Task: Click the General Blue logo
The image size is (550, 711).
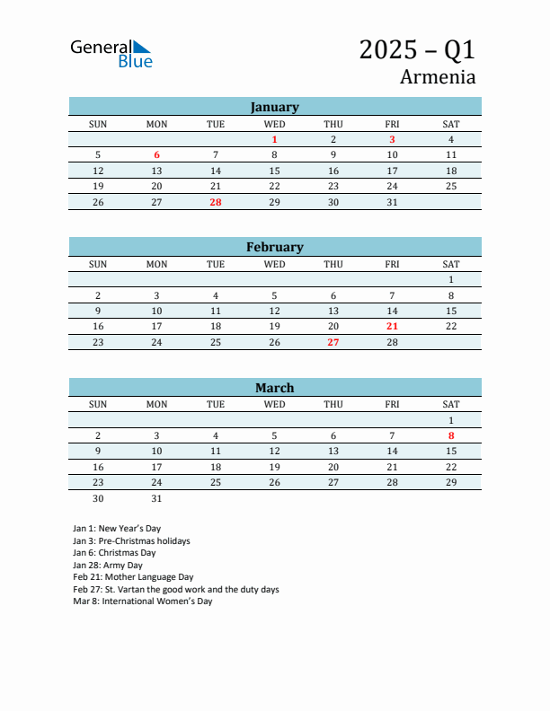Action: (x=111, y=54)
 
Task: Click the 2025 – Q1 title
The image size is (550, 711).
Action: (x=417, y=49)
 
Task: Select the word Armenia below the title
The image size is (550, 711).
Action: (x=438, y=76)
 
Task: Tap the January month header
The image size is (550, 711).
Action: (x=274, y=107)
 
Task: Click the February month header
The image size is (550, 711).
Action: (x=274, y=247)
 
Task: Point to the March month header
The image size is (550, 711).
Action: (x=274, y=388)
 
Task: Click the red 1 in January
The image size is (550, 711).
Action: (x=274, y=139)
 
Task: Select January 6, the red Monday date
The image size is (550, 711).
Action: (x=156, y=154)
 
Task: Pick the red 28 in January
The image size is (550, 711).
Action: (x=216, y=202)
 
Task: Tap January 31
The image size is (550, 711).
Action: (x=392, y=202)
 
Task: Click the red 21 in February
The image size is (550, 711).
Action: (x=392, y=327)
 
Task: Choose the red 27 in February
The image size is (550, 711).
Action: (x=333, y=342)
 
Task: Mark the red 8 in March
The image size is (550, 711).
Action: (x=451, y=435)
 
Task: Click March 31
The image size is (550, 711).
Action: (x=156, y=498)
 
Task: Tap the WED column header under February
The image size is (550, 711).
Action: (x=274, y=264)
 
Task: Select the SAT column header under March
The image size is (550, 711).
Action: (x=451, y=404)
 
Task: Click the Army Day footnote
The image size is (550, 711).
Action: (x=108, y=566)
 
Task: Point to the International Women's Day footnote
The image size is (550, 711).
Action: (x=142, y=601)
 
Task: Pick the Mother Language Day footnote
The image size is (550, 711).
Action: (x=133, y=577)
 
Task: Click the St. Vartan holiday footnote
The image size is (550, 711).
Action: (x=175, y=590)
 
